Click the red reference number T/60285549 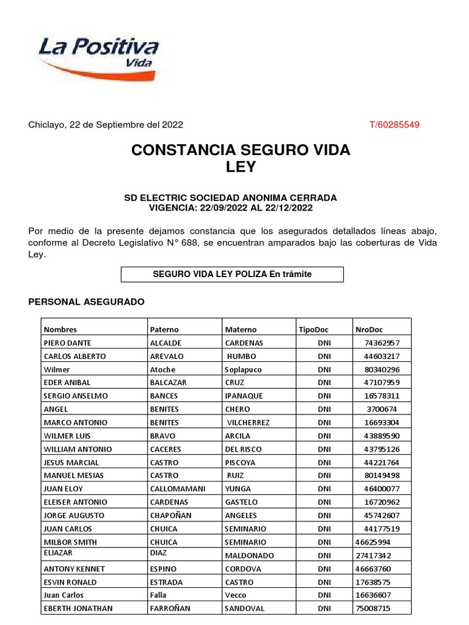(394, 125)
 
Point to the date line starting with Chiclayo (106, 125)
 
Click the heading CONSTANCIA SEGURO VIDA (241, 150)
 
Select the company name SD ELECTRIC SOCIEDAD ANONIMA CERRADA (230, 198)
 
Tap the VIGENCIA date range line (230, 208)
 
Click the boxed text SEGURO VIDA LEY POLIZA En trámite (232, 275)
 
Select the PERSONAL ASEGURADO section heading (87, 302)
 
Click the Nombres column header (60, 330)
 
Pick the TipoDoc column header (313, 330)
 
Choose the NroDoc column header (368, 330)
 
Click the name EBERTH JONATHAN (78, 609)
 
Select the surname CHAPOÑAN (171, 516)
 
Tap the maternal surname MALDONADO (249, 555)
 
